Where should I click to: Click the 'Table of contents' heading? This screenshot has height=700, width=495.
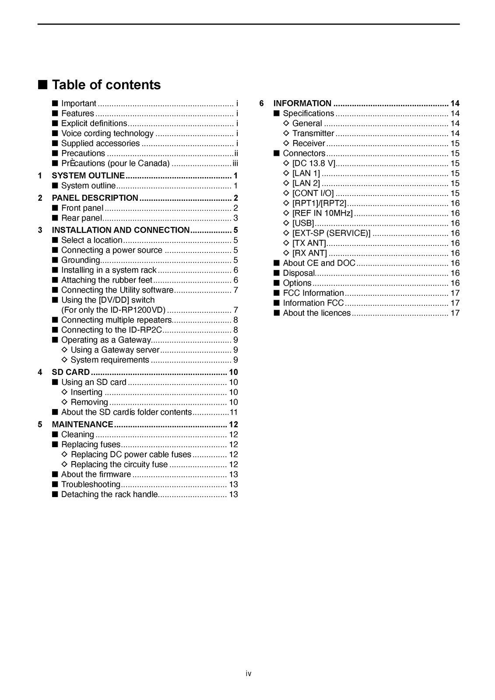click(x=106, y=85)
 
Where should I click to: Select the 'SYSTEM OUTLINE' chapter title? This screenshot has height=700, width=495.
click(x=88, y=176)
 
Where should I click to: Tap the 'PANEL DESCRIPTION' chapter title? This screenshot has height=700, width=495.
click(x=95, y=198)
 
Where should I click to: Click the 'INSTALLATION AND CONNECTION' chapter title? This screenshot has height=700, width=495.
click(x=121, y=230)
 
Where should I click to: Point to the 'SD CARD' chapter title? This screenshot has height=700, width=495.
click(x=71, y=372)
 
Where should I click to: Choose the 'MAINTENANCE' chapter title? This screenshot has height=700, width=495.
click(x=83, y=424)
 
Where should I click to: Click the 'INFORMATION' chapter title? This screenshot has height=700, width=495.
click(x=302, y=104)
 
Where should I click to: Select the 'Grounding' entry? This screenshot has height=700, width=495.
click(x=81, y=260)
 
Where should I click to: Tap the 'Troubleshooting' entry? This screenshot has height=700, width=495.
click(x=91, y=484)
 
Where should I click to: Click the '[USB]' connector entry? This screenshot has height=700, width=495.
click(x=303, y=224)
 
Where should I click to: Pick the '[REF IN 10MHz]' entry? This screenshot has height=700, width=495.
click(x=322, y=213)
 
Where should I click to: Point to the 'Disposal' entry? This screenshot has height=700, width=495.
click(x=298, y=273)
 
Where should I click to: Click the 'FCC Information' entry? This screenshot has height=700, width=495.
click(x=313, y=293)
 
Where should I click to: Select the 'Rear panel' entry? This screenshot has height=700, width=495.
click(x=81, y=218)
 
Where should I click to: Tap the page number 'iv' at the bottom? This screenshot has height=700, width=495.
click(x=249, y=674)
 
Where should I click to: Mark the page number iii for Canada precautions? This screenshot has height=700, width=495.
click(x=235, y=164)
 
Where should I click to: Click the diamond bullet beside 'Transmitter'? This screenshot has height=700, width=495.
click(x=286, y=133)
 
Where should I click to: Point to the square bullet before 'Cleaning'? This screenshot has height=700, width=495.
click(x=55, y=434)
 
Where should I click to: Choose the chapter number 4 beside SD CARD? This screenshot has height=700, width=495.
click(x=40, y=372)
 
